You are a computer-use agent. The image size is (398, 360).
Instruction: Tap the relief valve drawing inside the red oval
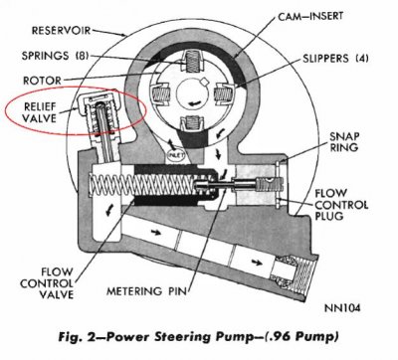[108, 110]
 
